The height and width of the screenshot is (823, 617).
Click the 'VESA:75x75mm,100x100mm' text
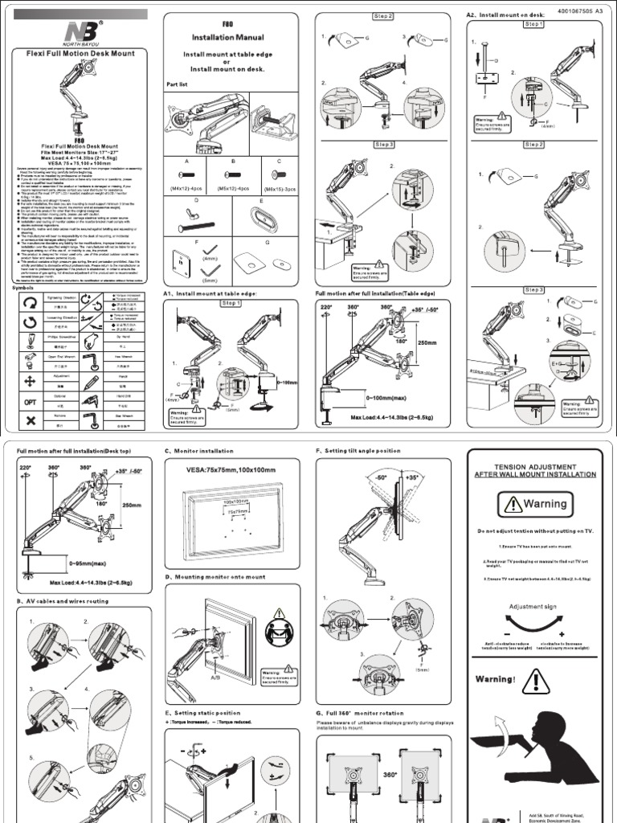pos(231,469)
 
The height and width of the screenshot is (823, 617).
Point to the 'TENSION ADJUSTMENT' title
pos(534,466)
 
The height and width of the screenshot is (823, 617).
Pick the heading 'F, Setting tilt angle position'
pos(358,451)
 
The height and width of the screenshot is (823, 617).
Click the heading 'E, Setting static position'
pos(202,713)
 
